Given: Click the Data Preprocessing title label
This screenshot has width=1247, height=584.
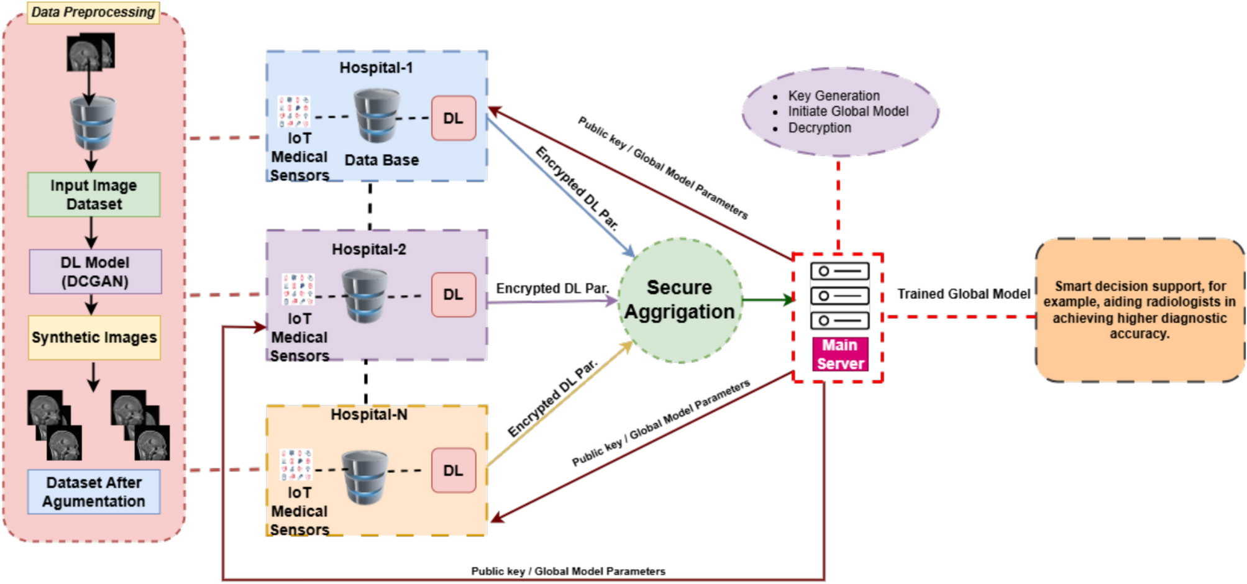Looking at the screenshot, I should [x=93, y=12].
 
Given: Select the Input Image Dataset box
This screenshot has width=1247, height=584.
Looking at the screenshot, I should [x=94, y=194].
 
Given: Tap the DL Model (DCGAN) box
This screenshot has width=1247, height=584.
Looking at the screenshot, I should [x=95, y=271].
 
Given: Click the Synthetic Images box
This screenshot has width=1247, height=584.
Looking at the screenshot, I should [x=94, y=337].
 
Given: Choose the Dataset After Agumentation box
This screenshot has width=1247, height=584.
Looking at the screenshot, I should [x=94, y=491].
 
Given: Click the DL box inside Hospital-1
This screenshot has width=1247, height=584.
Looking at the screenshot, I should [x=453, y=118].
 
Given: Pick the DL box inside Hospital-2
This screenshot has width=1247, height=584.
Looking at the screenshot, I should [x=453, y=294].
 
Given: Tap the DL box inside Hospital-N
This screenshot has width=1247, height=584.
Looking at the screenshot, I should [x=453, y=470].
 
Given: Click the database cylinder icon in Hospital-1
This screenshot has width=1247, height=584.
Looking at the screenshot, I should [x=377, y=116].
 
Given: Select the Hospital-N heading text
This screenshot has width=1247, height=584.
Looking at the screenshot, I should [x=369, y=414].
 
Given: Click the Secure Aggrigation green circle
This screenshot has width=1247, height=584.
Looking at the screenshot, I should [x=680, y=300].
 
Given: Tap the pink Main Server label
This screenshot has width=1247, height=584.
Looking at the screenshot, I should [x=840, y=354].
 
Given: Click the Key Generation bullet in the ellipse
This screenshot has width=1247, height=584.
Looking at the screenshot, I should [x=833, y=96].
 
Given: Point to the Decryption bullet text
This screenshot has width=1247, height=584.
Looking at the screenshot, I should [x=820, y=128].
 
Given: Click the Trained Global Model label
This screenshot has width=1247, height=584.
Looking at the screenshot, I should [x=963, y=294].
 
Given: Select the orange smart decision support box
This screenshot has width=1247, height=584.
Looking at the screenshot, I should [x=1140, y=310].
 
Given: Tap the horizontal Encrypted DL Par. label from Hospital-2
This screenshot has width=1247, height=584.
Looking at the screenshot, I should [x=552, y=289].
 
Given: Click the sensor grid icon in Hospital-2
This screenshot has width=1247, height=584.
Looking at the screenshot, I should [x=298, y=289].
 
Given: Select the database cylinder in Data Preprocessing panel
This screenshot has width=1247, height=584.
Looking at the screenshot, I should [x=93, y=122].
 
